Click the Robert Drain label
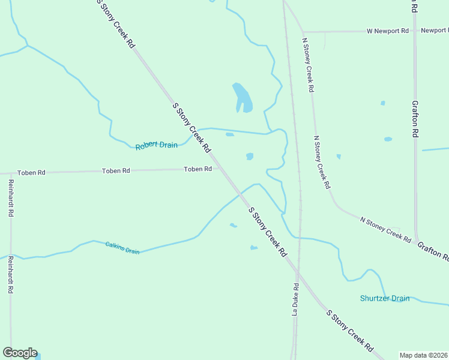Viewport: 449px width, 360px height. pyautogui.click(x=157, y=145)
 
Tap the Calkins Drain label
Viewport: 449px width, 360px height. pyautogui.click(x=122, y=248)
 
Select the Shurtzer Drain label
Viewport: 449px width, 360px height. pyautogui.click(x=384, y=298)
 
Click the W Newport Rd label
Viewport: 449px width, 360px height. pyautogui.click(x=388, y=30)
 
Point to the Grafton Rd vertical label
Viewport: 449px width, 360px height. pyautogui.click(x=415, y=119)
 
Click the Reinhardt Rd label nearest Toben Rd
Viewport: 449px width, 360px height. pyautogui.click(x=11, y=197)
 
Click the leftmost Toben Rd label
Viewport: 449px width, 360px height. pyautogui.click(x=31, y=173)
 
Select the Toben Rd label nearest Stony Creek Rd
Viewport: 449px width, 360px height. pyautogui.click(x=197, y=169)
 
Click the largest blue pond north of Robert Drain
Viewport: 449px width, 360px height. pyautogui.click(x=241, y=97)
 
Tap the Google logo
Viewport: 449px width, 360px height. pyautogui.click(x=20, y=353)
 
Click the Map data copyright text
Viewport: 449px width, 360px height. pyautogui.click(x=424, y=355)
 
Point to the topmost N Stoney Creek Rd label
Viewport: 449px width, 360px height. pyautogui.click(x=307, y=64)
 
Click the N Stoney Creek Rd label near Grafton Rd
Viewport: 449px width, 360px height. pyautogui.click(x=385, y=230)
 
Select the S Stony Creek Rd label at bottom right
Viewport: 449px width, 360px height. pyautogui.click(x=350, y=331)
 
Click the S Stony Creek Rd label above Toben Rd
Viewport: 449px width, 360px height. pyautogui.click(x=191, y=127)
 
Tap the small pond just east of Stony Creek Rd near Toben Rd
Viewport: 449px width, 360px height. pyautogui.click(x=250, y=157)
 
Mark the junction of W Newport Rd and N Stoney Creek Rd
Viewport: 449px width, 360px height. pyautogui.click(x=303, y=31)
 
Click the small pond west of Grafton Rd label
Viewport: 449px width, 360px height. pyautogui.click(x=388, y=139)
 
